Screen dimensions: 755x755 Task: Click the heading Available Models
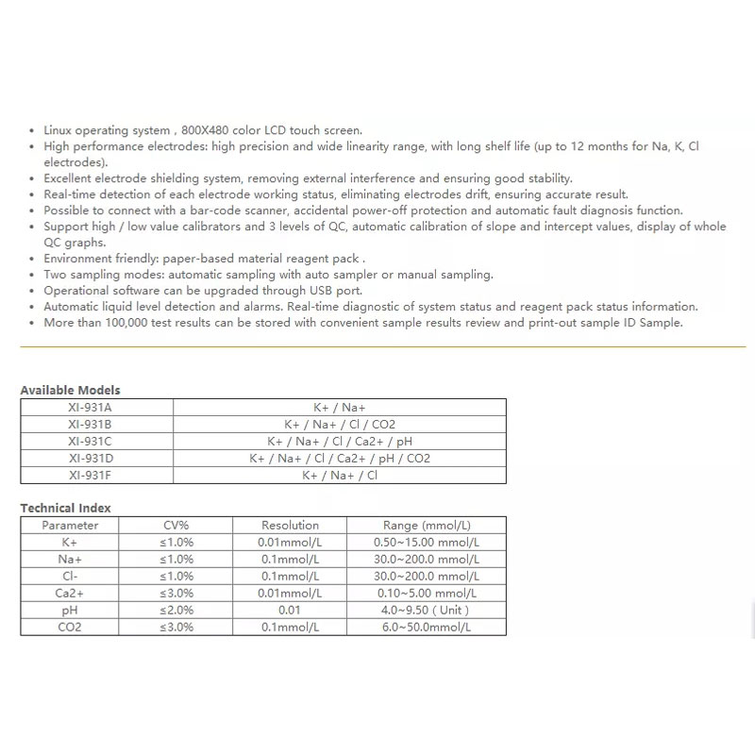click(x=70, y=390)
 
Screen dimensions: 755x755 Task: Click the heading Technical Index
click(x=65, y=508)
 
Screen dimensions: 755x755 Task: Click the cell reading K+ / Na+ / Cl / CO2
click(x=340, y=424)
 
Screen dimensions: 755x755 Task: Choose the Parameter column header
click(x=71, y=525)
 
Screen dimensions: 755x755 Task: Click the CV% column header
click(x=176, y=525)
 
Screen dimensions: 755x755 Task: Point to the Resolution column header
click(x=290, y=525)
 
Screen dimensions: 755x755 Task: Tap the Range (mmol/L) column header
click(x=427, y=525)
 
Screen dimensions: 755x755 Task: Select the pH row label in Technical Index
click(x=71, y=610)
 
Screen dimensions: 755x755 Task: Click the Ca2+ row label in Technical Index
click(x=71, y=593)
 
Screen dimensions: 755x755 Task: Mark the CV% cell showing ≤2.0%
click(x=176, y=610)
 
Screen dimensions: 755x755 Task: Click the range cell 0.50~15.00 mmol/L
click(x=427, y=542)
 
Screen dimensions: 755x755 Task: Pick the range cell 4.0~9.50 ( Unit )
click(x=427, y=610)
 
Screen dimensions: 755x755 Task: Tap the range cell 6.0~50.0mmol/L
click(x=427, y=627)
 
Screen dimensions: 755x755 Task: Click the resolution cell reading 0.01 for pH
click(x=290, y=610)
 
